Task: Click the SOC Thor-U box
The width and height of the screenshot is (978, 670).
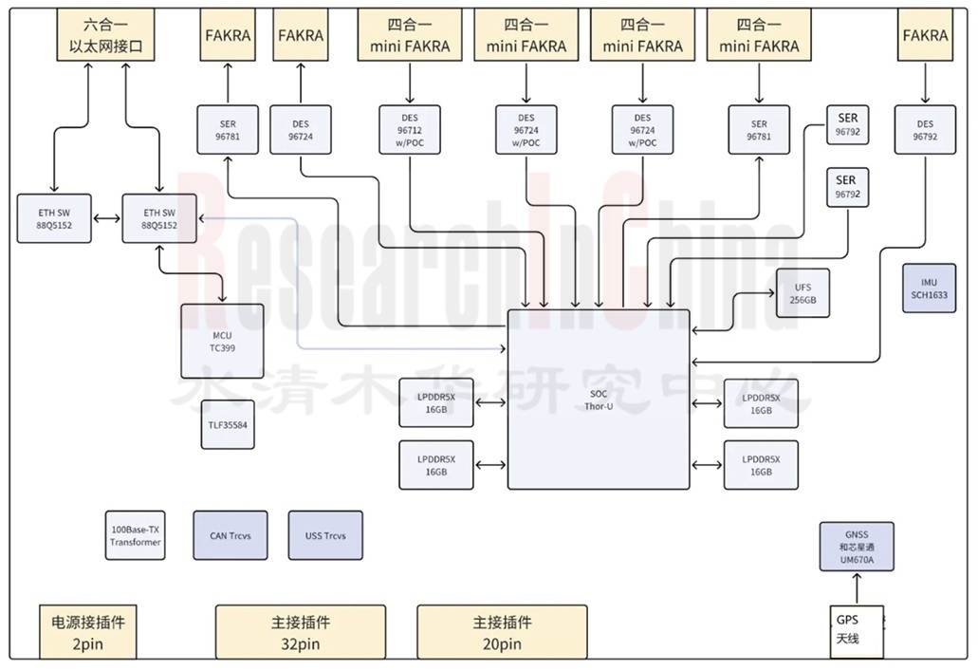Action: [599, 399]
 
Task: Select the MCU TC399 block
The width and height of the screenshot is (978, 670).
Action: [223, 341]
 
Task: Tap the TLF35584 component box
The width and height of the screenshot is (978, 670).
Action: [228, 425]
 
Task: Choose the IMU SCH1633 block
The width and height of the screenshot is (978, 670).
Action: [929, 288]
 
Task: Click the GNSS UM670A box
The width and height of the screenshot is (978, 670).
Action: [857, 546]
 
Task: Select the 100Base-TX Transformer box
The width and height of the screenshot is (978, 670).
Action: [135, 536]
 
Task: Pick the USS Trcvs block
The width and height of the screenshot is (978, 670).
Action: [325, 536]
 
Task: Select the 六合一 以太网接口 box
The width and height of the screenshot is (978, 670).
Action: [106, 35]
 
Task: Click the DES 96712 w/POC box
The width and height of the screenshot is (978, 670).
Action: [410, 130]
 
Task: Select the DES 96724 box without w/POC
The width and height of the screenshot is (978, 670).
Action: [302, 130]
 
